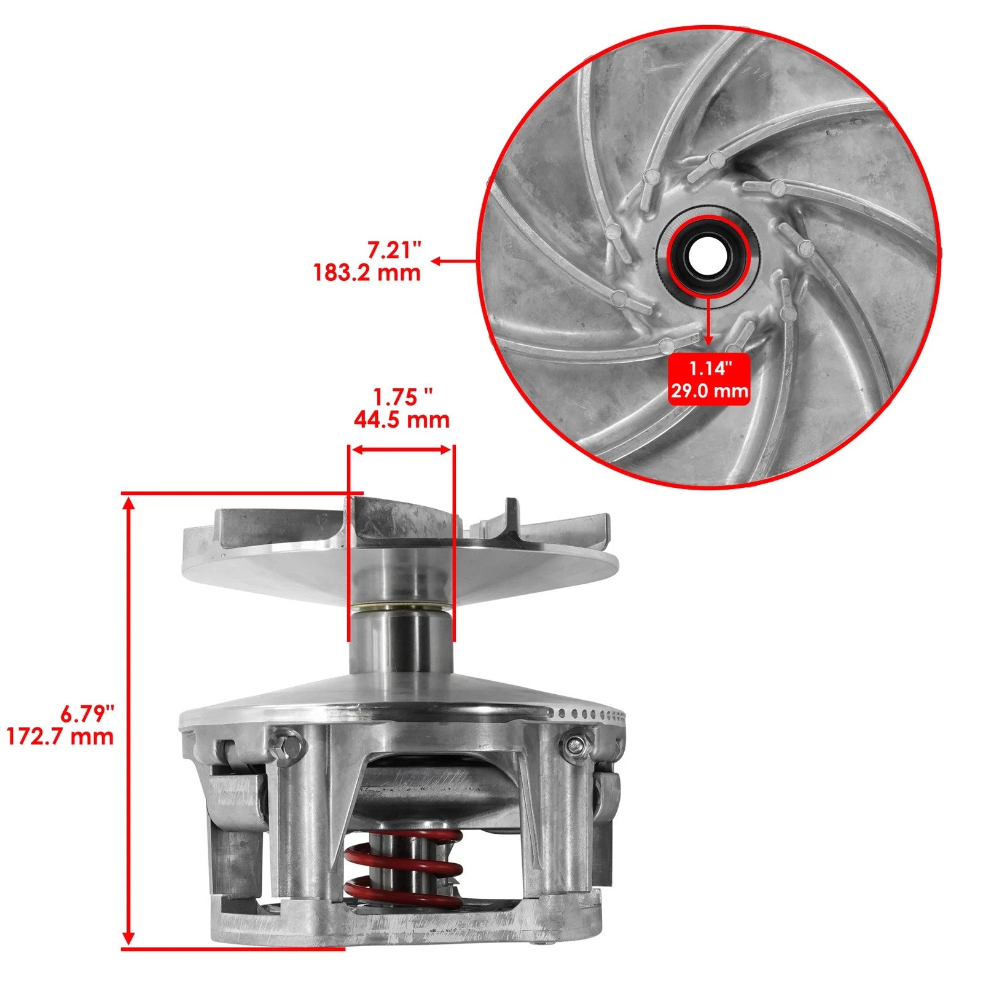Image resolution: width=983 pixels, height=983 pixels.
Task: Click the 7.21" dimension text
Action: tap(394, 250)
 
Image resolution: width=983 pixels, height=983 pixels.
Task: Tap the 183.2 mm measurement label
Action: tap(367, 272)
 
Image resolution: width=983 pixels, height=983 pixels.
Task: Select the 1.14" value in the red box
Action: tap(710, 369)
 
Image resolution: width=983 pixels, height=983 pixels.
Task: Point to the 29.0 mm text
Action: tap(710, 391)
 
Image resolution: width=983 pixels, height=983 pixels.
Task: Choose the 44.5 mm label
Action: tap(401, 420)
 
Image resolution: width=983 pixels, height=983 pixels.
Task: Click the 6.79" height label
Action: tap(88, 714)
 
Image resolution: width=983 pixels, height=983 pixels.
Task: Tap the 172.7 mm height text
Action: tap(60, 736)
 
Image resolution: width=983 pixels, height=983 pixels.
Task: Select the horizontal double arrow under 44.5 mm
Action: tap(401, 450)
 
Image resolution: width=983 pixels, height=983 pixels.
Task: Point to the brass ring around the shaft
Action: tap(401, 608)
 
